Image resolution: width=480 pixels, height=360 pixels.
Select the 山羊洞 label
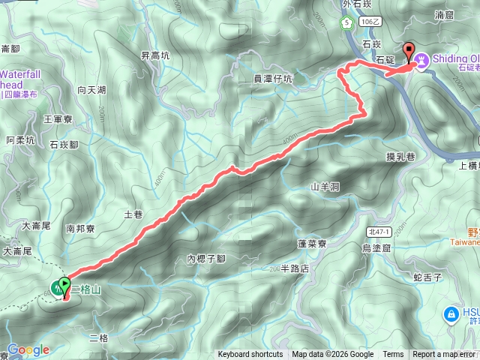click(x=325, y=186)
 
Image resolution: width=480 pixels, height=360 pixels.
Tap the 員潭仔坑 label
click(x=272, y=77)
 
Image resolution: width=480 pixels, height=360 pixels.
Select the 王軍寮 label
click(x=57, y=118)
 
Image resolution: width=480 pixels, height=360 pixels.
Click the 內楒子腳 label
click(x=206, y=259)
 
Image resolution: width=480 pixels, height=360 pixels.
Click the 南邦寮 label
click(x=80, y=228)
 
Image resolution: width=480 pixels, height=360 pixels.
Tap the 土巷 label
click(x=133, y=214)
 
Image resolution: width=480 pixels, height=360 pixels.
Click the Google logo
click(x=28, y=349)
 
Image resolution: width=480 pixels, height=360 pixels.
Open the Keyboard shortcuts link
click(x=250, y=355)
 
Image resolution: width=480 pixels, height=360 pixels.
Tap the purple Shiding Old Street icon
click(x=421, y=58)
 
